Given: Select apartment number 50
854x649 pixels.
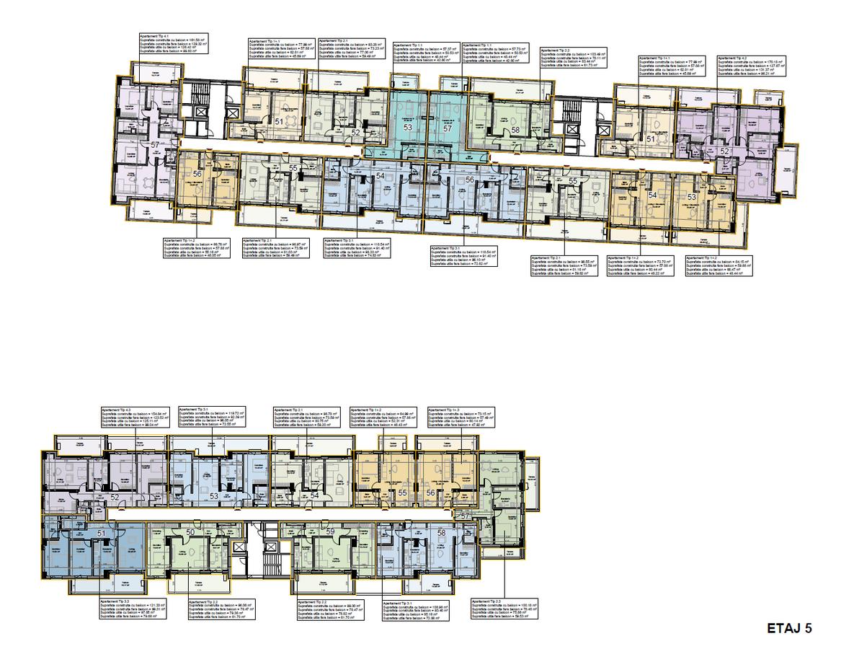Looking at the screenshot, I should (190, 532).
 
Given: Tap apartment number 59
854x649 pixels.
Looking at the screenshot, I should (331, 532).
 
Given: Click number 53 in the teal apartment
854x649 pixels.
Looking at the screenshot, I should (408, 127).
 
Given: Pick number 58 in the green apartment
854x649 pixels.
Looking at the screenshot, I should (515, 130).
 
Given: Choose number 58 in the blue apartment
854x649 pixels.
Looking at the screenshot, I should (441, 532).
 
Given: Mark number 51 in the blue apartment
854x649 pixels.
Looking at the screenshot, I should (102, 533).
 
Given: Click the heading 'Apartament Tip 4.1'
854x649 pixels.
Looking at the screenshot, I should (155, 35).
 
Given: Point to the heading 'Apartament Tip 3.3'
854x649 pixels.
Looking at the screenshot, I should (115, 600).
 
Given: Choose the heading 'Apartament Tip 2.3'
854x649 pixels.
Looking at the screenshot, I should (486, 600).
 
